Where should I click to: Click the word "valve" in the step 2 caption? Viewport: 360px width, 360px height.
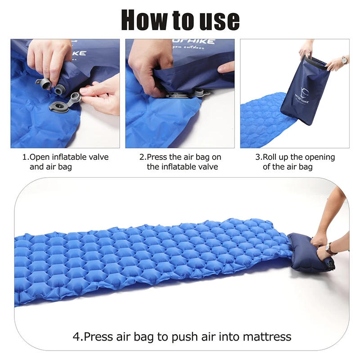(x=207, y=167)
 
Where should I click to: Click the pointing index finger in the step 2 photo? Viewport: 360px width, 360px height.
(x=225, y=67)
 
